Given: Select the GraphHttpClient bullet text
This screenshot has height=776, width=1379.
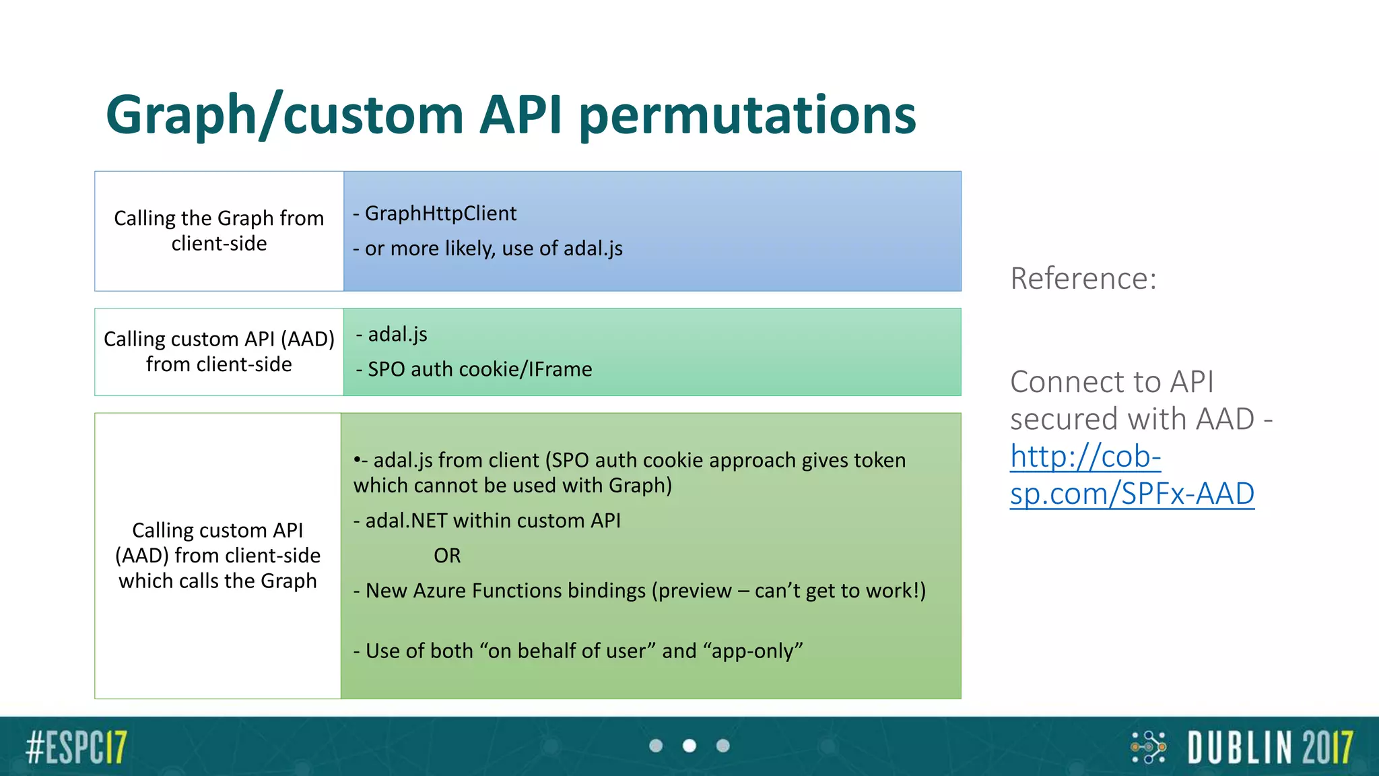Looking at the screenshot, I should click(x=440, y=214).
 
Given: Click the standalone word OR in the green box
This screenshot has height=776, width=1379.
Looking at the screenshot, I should click(x=447, y=556).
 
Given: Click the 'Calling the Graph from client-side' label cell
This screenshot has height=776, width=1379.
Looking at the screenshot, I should click(x=219, y=231).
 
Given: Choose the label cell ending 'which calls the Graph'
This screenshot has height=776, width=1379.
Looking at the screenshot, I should click(x=217, y=556).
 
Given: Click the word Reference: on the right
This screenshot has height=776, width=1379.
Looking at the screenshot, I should click(x=1083, y=279).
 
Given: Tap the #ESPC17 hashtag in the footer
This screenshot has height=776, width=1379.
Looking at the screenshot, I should click(x=76, y=747).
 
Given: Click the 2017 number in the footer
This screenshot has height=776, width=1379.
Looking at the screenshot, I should click(x=1327, y=748).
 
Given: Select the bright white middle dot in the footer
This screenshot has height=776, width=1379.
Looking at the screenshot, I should click(x=689, y=746).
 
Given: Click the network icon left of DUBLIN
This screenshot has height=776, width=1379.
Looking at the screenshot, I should click(x=1148, y=747).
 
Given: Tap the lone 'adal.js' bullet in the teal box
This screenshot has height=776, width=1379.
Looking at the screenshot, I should click(x=397, y=334).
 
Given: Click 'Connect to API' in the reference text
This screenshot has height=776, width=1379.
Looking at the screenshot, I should click(x=1111, y=382).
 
